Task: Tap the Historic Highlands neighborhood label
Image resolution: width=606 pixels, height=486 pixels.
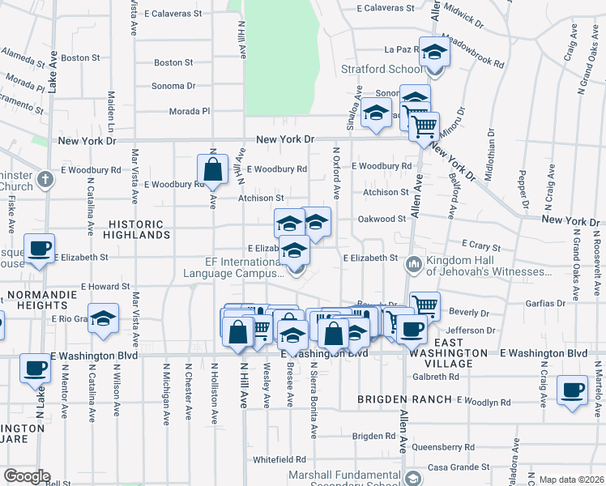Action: (139, 228)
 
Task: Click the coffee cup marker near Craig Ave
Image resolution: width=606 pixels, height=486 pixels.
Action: (573, 388)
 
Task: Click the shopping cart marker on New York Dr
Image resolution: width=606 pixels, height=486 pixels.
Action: (424, 126)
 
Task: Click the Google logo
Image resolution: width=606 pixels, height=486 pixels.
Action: (26, 476)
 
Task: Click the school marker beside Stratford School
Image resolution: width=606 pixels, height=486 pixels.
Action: (435, 53)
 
